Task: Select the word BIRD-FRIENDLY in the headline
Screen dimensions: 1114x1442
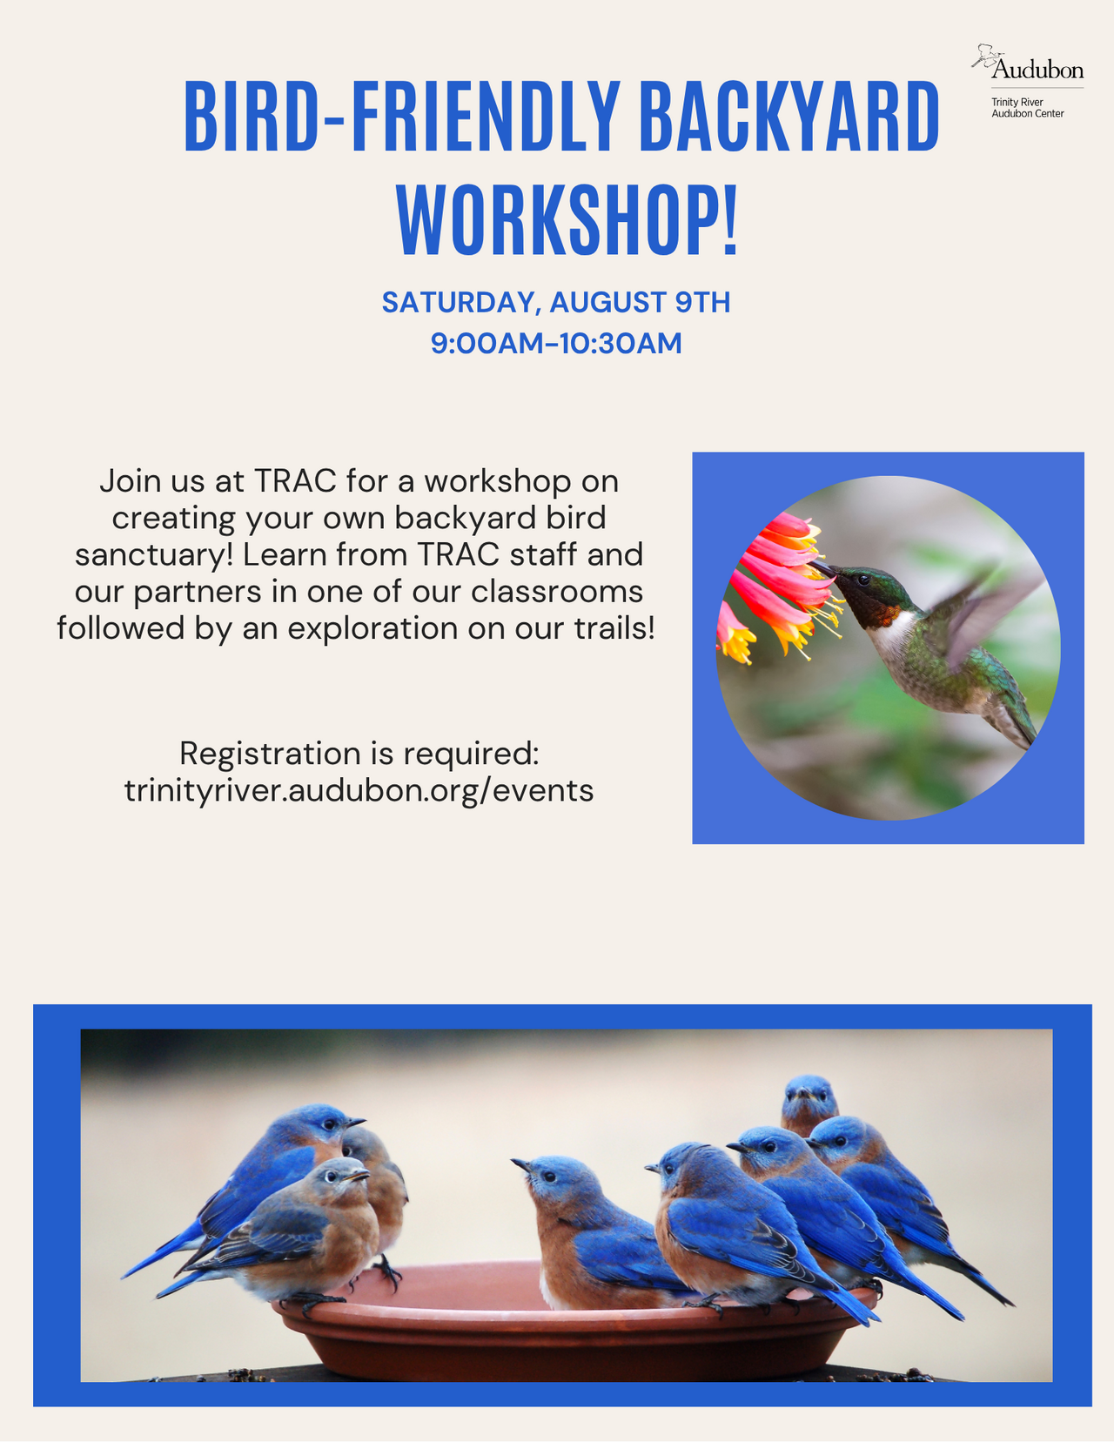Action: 402,116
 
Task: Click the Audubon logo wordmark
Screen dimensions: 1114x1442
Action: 1037,70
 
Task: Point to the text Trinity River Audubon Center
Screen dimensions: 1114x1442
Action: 1027,108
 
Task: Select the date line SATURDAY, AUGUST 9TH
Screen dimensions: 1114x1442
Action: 556,303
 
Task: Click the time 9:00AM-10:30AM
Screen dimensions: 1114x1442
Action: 556,344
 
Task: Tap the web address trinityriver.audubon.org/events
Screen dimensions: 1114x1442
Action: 359,791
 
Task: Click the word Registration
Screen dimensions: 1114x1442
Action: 270,755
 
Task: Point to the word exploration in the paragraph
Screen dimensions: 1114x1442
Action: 372,627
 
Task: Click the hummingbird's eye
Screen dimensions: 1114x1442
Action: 863,580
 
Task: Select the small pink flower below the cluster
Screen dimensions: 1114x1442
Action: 735,634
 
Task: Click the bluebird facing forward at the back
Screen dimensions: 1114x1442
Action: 809,1105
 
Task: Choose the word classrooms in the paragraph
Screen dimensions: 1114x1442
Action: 557,592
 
